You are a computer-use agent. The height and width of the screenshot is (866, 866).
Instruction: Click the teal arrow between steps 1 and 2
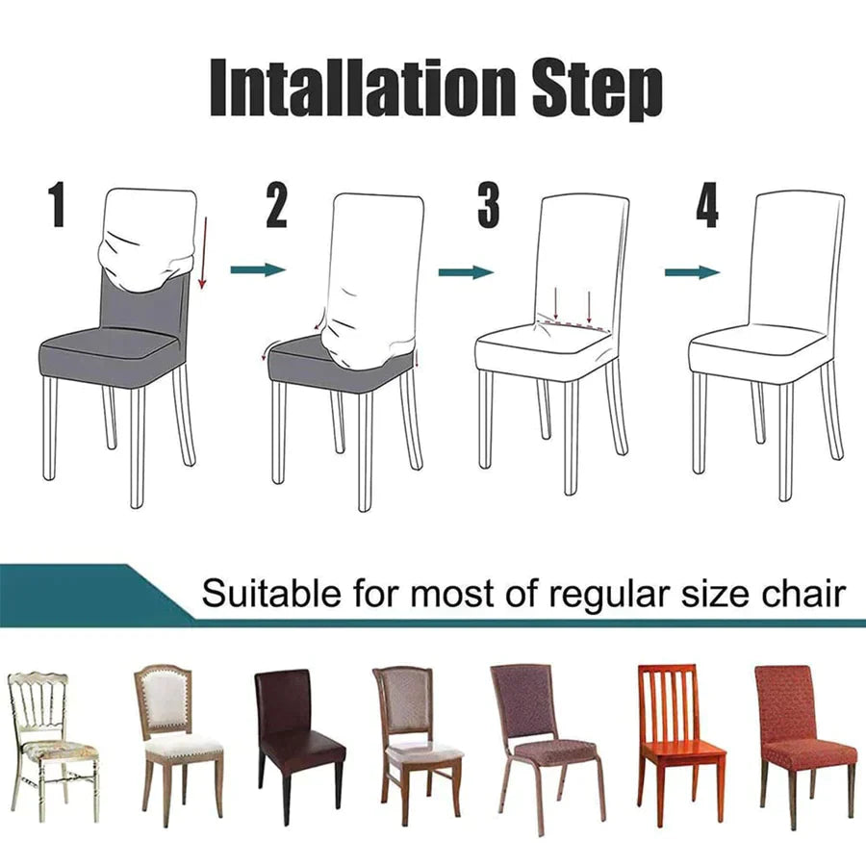[x=258, y=270]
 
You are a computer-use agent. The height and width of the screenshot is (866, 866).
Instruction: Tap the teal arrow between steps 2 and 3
[x=466, y=272]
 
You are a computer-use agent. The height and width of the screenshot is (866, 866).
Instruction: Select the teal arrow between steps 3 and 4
[x=692, y=272]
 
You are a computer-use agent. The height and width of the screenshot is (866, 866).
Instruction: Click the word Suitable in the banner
[x=259, y=594]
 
